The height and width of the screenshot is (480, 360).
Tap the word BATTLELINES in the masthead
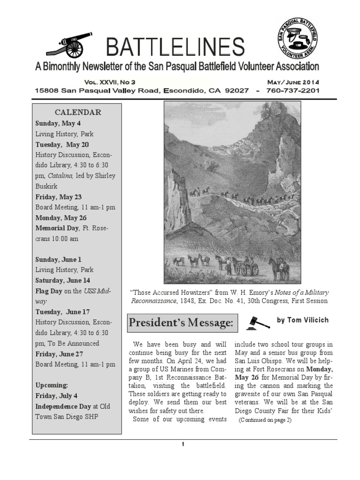[x=175, y=47]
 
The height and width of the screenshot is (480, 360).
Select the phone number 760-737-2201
[x=292, y=90]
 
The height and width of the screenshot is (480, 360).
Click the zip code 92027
[x=233, y=90]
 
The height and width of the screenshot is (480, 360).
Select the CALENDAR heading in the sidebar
[x=78, y=112]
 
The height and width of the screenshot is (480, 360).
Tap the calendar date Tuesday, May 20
[x=62, y=144]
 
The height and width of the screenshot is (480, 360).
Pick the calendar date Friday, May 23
[x=58, y=197]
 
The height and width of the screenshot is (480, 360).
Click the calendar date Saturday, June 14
[x=63, y=280]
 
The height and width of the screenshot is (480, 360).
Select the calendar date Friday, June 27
[x=59, y=354]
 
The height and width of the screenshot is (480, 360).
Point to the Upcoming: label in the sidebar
[x=52, y=385]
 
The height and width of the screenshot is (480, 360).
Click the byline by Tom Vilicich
[x=302, y=320]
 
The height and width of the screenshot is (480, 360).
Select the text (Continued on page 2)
[x=265, y=420]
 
